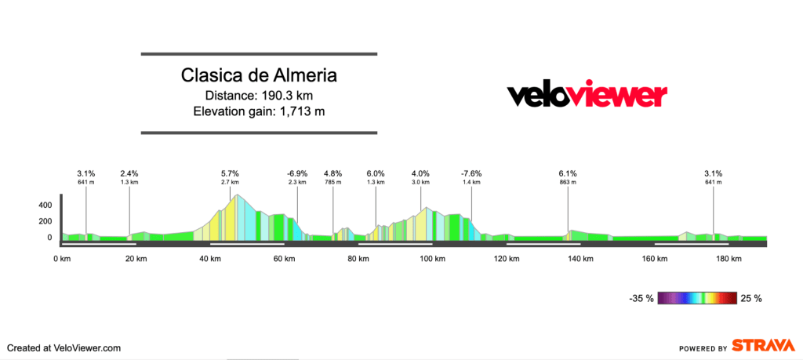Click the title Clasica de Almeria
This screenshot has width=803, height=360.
(259, 76)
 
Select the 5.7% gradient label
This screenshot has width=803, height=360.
(230, 173)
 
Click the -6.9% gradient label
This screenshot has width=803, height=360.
(297, 173)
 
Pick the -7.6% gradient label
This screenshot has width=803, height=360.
(471, 173)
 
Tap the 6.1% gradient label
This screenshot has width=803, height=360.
(568, 173)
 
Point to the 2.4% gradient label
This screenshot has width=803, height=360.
(129, 173)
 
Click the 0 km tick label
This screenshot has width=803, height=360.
(62, 259)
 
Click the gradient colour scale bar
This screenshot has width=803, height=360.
(697, 298)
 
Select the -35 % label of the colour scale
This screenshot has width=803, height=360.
(641, 298)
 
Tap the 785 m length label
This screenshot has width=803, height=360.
(333, 182)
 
